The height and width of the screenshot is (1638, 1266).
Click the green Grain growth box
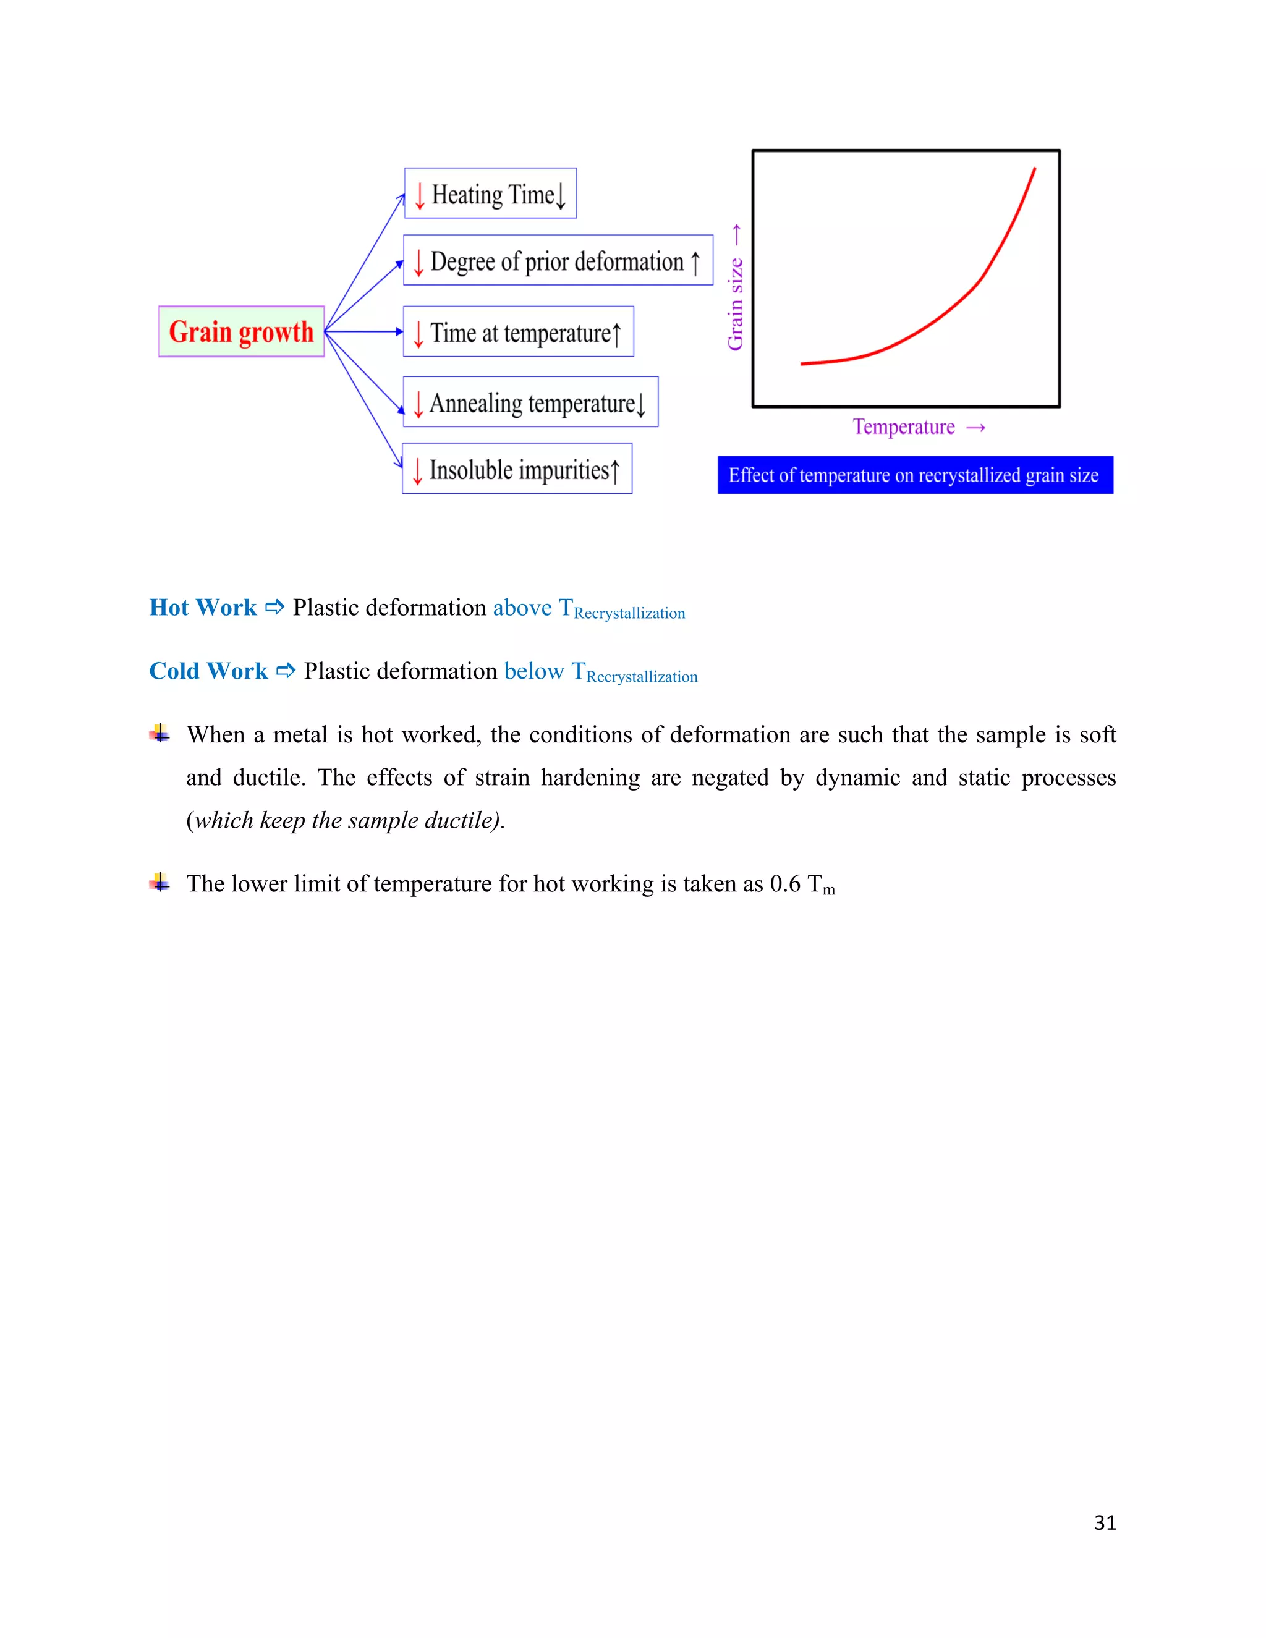(240, 331)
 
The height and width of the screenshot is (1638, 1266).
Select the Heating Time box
(490, 193)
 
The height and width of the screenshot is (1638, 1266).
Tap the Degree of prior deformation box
(558, 260)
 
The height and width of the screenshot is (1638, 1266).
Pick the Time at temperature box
(518, 331)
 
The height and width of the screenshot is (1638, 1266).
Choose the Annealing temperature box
(530, 402)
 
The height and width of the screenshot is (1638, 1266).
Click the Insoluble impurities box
(517, 469)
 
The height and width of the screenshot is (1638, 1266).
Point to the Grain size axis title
(735, 303)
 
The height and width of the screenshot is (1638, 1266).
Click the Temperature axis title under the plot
(904, 426)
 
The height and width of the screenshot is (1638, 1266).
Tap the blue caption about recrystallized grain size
(914, 475)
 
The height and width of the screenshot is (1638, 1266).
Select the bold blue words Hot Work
(203, 607)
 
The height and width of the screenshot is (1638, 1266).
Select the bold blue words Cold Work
(208, 671)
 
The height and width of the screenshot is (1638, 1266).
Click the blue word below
(534, 671)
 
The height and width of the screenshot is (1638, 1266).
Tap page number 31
(1104, 1522)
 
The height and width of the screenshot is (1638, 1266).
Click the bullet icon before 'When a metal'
(159, 734)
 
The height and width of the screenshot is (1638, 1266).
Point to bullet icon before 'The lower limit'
(159, 883)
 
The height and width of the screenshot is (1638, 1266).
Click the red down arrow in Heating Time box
(420, 195)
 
